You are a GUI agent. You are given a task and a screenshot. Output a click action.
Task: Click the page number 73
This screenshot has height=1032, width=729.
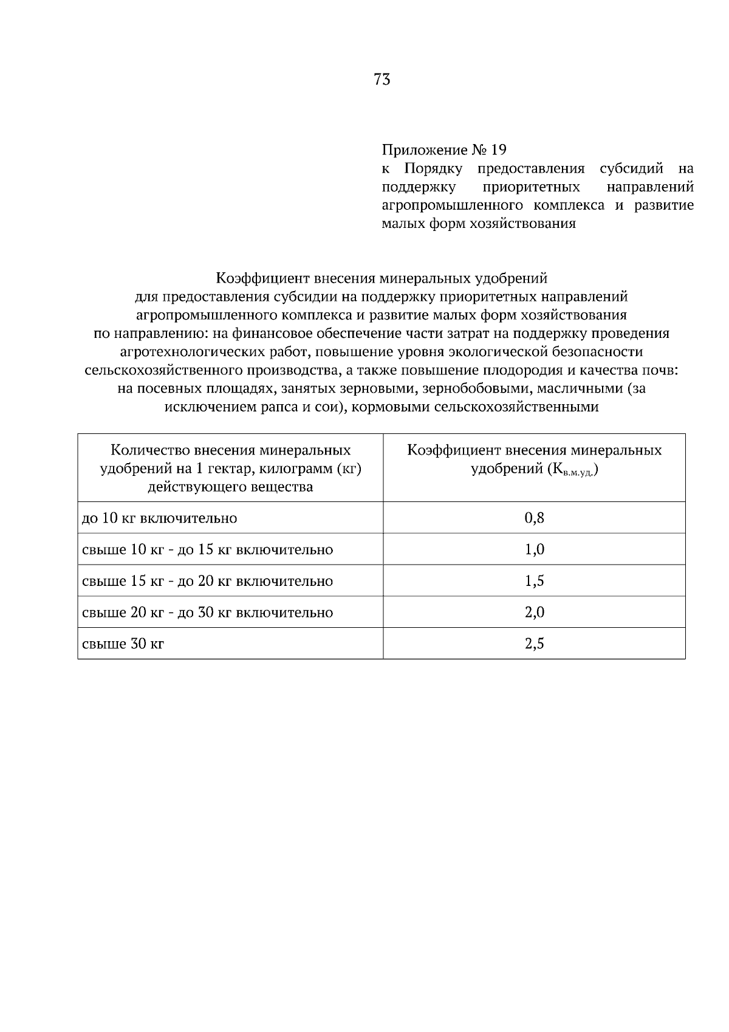pyautogui.click(x=382, y=80)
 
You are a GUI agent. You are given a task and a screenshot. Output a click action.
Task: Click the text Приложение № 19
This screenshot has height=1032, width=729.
pyautogui.click(x=443, y=150)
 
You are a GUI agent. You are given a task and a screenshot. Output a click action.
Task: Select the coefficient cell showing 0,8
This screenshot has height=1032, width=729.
pyautogui.click(x=534, y=518)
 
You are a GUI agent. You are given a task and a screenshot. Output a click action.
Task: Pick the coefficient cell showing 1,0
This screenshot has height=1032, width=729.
pyautogui.click(x=534, y=549)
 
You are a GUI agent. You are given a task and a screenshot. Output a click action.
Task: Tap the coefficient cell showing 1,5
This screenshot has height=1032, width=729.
pyautogui.click(x=534, y=581)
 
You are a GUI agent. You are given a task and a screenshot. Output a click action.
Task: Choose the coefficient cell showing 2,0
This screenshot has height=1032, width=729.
pyautogui.click(x=534, y=612)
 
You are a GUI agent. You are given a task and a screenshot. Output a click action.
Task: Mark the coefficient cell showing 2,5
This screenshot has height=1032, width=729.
pyautogui.click(x=534, y=644)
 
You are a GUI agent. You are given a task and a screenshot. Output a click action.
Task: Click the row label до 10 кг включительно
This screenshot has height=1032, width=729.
pyautogui.click(x=159, y=518)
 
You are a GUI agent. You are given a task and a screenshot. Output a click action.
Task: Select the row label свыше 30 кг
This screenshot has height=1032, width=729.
pyautogui.click(x=123, y=644)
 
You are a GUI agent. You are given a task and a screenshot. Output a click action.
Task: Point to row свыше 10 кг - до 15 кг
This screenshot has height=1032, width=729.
pyautogui.click(x=207, y=550)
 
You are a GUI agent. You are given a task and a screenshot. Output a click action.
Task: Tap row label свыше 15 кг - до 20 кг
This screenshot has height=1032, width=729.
pyautogui.click(x=207, y=581)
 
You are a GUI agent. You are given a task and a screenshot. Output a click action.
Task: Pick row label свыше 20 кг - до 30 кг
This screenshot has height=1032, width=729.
pyautogui.click(x=207, y=613)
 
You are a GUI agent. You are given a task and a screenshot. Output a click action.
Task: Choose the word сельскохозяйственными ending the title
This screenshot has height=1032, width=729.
pyautogui.click(x=516, y=407)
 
